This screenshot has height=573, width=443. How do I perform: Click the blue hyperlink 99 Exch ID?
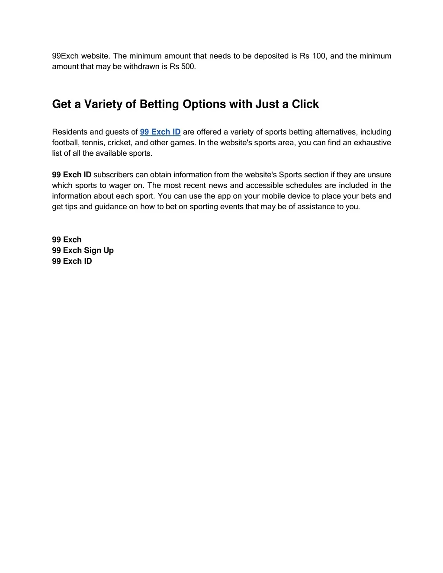tap(160, 132)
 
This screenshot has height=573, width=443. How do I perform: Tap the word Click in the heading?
tap(305, 104)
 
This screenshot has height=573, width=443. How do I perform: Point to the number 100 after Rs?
tap(319, 56)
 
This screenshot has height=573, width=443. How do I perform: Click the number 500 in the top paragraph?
tap(188, 67)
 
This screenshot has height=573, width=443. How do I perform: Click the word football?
tap(65, 143)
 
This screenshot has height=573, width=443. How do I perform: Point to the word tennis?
tap(93, 143)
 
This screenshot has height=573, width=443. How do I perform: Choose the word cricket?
tap(119, 143)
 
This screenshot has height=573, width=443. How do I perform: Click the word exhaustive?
tap(372, 143)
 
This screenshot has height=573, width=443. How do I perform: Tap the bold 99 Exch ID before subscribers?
tap(71, 175)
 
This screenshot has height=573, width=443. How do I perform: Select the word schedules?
tap(303, 186)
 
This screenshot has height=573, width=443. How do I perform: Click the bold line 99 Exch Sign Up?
tap(83, 250)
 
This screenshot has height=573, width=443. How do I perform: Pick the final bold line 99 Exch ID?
tap(72, 261)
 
